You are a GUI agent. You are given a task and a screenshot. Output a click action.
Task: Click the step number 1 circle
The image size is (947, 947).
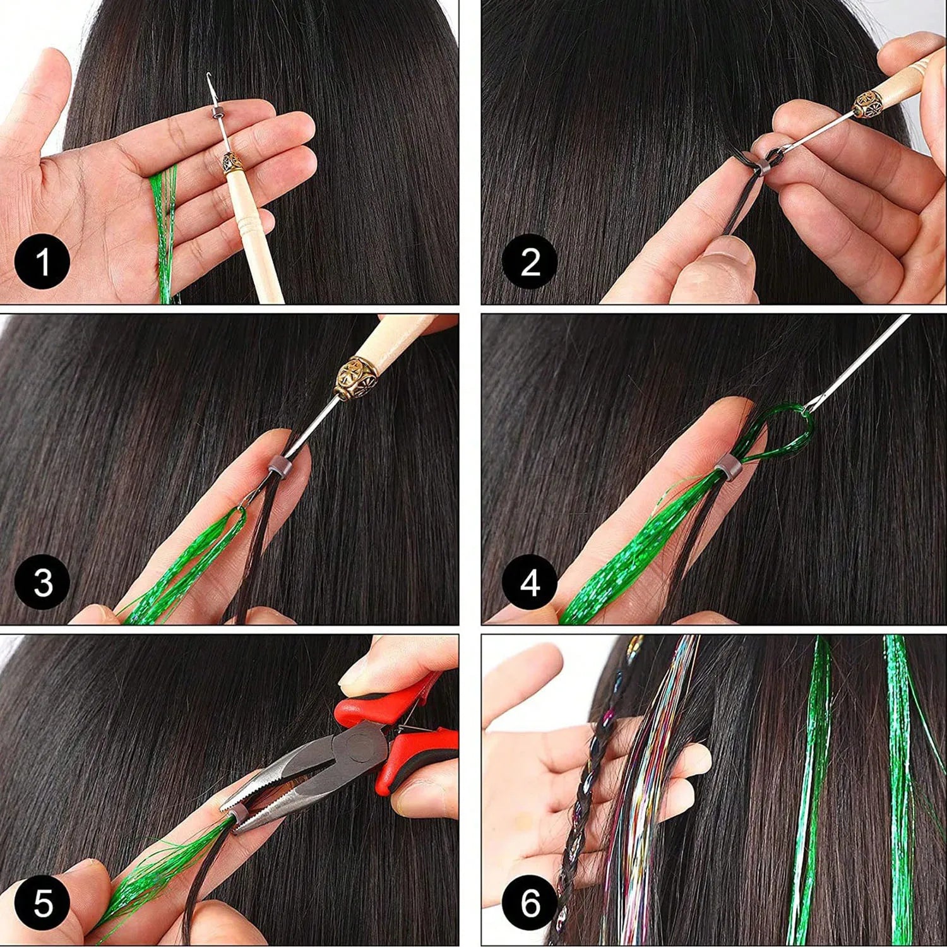(x=42, y=261)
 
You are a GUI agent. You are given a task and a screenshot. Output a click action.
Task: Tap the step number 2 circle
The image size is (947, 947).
(x=530, y=261)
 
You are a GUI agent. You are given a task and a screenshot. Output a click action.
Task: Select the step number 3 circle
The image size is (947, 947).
(x=42, y=581)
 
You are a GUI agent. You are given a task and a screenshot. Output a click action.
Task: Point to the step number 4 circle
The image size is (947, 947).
(x=530, y=581)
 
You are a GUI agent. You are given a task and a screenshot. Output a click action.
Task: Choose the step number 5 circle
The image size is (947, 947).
(x=42, y=903)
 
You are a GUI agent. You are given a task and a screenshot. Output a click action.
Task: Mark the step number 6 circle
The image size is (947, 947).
(x=530, y=903)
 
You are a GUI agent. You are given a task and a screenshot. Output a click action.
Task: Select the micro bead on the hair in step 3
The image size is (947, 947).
(x=278, y=467)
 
